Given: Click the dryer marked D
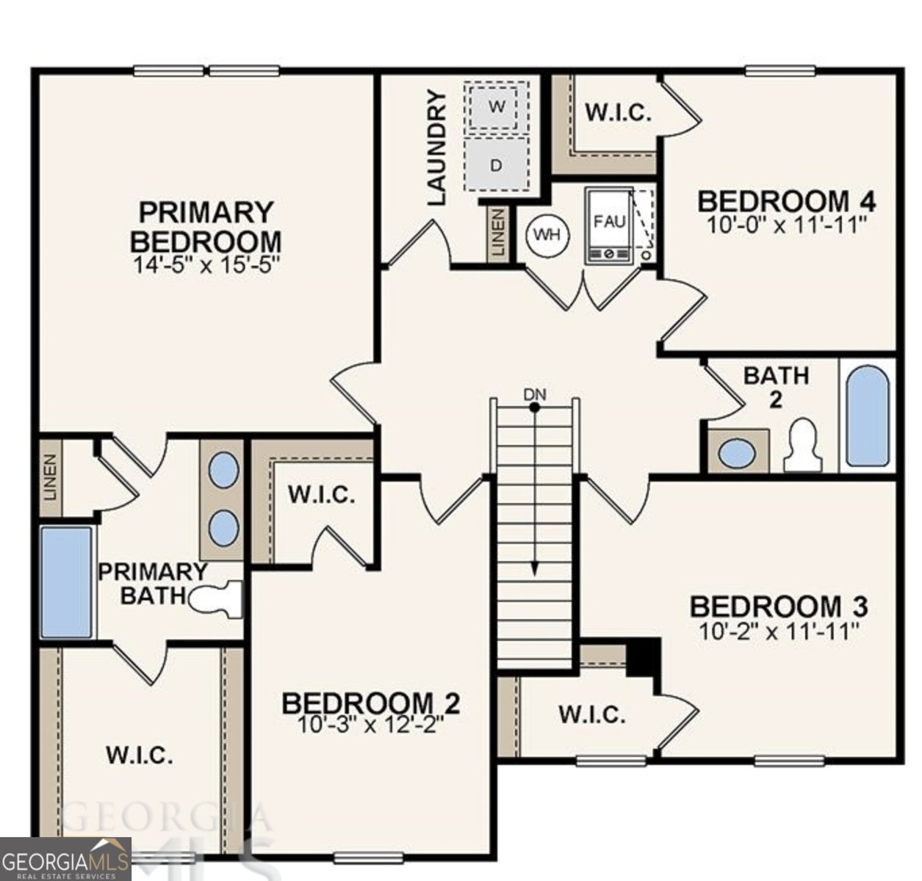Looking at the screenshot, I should point(497,165).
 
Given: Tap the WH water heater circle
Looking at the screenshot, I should point(547,234).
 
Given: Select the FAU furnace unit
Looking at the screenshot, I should point(608,225).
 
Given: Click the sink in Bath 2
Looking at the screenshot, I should point(737,452).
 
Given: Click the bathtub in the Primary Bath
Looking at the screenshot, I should point(66,581).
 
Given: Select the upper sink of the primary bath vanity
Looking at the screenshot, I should point(223,470).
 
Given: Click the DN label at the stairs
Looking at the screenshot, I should point(535,394).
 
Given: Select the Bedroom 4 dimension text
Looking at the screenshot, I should point(785,224).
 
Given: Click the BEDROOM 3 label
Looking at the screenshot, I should point(779,607).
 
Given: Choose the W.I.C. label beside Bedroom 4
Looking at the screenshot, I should point(618,112).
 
